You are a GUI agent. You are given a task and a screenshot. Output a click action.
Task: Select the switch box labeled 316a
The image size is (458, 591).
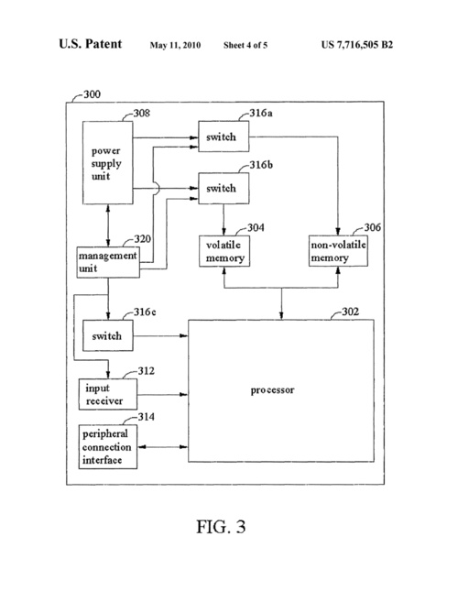224,137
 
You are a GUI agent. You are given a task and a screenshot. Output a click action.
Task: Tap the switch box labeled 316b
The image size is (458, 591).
224,188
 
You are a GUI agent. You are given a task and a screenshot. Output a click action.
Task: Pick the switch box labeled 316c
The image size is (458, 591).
108,335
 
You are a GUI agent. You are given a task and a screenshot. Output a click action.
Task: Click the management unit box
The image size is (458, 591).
108,262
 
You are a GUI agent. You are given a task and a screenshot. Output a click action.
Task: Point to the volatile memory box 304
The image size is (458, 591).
224,251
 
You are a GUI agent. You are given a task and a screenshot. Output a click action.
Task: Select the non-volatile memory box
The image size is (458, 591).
338,251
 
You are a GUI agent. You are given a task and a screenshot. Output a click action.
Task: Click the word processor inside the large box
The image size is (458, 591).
272,390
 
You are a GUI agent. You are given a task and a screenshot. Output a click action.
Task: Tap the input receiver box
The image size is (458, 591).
108,394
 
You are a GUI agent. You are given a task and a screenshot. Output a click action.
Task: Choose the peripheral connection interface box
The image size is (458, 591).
108,446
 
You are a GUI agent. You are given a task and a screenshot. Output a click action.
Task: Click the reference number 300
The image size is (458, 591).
92,93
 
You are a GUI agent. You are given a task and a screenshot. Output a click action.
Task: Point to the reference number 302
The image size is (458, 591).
350,312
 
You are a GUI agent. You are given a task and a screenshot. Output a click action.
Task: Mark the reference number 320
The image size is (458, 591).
142,239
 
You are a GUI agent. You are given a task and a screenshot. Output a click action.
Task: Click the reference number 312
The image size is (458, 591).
147,371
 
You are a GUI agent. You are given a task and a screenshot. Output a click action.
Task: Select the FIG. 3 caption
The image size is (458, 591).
221,527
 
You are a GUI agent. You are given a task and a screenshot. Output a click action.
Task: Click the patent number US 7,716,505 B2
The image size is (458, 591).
357,45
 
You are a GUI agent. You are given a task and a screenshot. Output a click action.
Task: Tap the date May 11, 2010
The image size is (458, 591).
175,45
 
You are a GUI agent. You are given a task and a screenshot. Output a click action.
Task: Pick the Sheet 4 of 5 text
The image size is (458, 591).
245,45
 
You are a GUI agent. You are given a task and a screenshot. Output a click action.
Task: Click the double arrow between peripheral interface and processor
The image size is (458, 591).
162,447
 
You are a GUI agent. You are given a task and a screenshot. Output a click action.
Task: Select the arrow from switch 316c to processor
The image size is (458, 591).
160,335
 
